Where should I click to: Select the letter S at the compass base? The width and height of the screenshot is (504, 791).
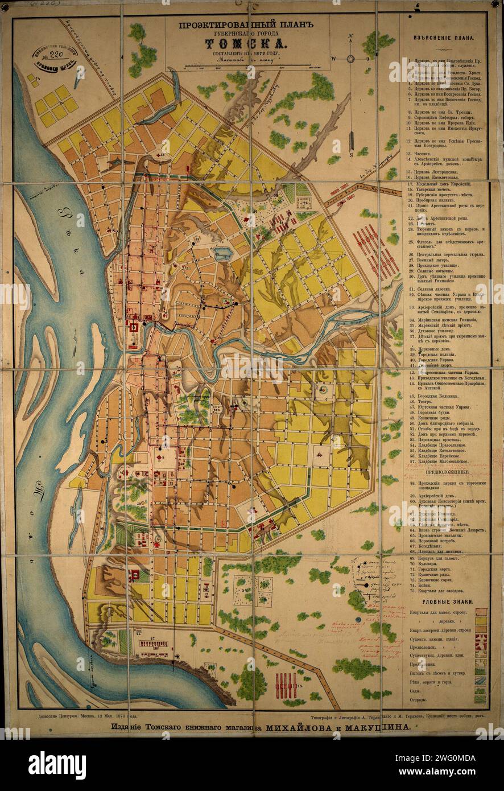[x=352, y=153]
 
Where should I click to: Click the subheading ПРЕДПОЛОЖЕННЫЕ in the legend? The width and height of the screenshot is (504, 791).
[x=448, y=472]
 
